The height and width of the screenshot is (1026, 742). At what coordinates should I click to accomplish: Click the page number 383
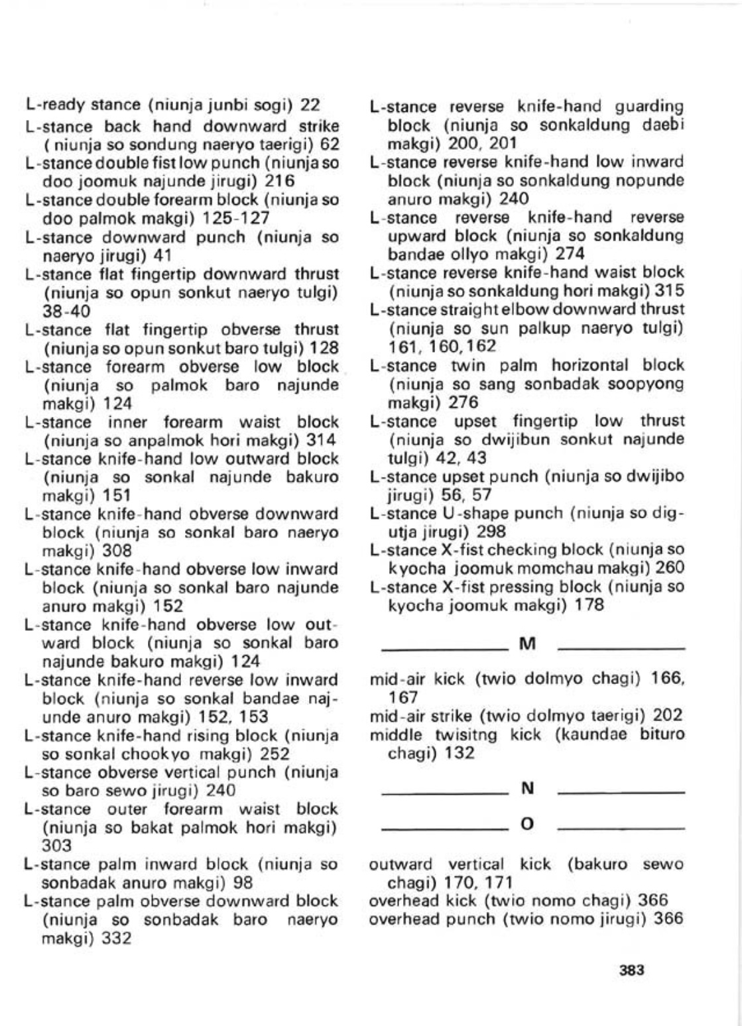[631, 970]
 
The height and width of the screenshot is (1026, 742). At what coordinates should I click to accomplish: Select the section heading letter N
[528, 788]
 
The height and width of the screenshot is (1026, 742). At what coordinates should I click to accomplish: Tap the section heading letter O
[528, 825]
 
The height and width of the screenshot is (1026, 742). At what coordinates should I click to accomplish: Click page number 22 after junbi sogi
[310, 105]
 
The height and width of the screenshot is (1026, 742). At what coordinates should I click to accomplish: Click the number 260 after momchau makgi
[669, 568]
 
